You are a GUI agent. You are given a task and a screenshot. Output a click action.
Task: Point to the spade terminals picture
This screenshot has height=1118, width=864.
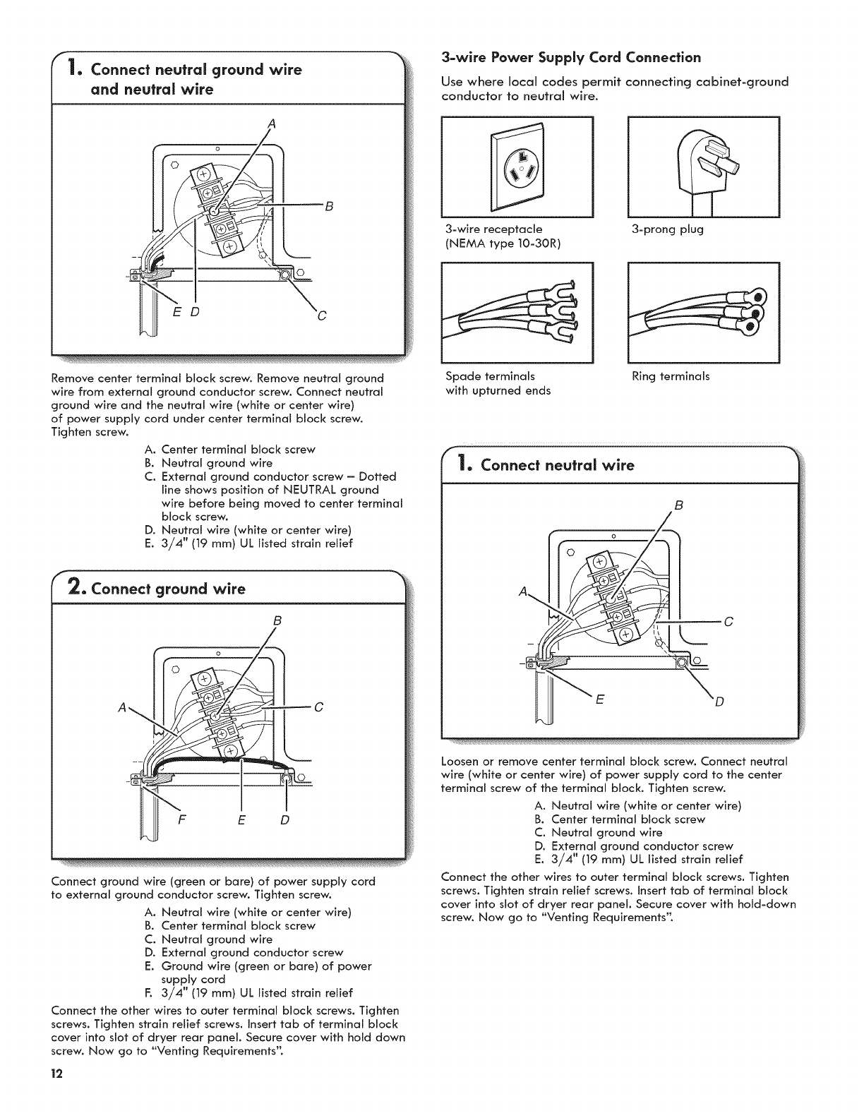click(x=517, y=312)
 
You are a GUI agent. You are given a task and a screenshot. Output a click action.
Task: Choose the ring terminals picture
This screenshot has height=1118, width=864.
click(x=703, y=312)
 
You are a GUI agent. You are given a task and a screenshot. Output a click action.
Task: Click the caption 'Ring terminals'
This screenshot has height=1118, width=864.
click(x=671, y=376)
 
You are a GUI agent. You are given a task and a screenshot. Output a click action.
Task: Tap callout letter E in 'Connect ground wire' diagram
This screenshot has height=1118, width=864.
click(x=242, y=820)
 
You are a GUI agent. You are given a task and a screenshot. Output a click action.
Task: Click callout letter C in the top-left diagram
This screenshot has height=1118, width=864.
click(x=322, y=314)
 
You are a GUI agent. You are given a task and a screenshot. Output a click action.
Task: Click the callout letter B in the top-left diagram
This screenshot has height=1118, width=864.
click(x=328, y=206)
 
